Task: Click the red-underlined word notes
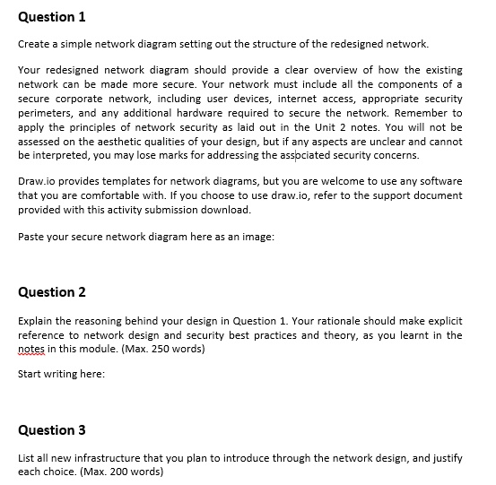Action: pos(32,349)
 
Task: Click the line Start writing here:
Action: pos(61,374)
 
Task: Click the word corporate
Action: pos(82,98)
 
